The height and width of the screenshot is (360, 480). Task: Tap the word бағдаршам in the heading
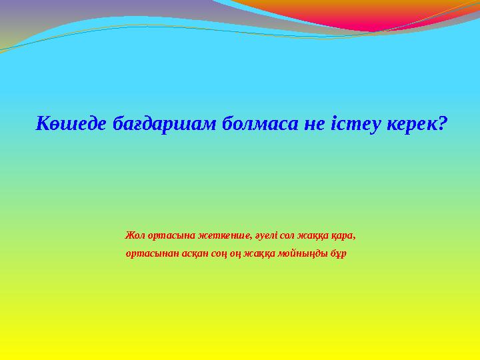tap(147, 124)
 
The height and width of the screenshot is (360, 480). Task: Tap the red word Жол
tap(134, 235)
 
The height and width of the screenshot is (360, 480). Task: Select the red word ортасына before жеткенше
tap(168, 235)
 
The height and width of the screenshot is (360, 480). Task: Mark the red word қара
tap(344, 235)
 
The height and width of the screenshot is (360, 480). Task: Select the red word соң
tap(222, 254)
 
